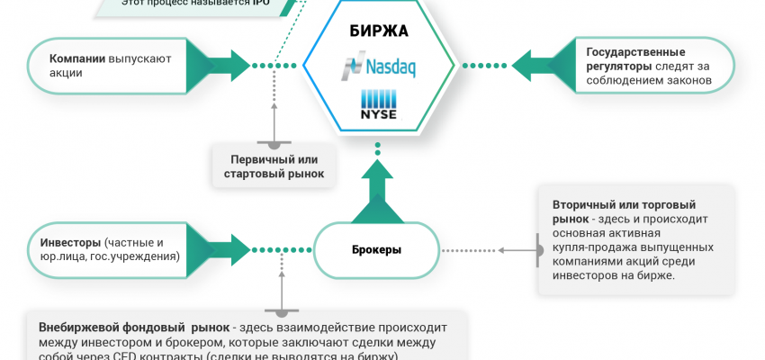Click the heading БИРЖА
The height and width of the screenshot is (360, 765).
click(x=378, y=31)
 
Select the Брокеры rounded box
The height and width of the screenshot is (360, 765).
click(x=376, y=248)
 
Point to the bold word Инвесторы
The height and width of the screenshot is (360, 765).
click(x=70, y=242)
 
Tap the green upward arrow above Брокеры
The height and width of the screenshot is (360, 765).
click(x=375, y=198)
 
